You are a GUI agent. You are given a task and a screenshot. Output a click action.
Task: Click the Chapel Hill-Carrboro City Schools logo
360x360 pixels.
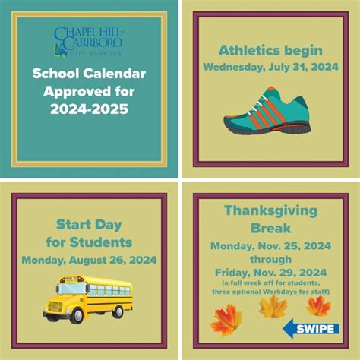88,42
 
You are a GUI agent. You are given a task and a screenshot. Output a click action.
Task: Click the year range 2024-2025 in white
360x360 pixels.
90,109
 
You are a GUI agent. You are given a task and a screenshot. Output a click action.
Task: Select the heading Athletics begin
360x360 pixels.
270,50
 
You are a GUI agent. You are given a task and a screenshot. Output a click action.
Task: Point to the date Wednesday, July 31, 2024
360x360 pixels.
271,67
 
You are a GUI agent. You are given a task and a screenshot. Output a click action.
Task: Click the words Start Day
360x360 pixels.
89,225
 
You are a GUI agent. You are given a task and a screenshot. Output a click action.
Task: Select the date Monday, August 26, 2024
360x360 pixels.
89,260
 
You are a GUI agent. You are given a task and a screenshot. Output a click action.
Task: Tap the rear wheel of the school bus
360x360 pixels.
118,311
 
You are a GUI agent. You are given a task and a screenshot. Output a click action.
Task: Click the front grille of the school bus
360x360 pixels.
55,307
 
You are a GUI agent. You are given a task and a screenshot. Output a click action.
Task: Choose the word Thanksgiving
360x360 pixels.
270,211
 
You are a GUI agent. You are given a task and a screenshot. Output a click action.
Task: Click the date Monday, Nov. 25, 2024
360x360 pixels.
271,246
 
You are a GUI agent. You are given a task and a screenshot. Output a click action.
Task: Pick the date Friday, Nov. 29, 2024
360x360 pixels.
270,273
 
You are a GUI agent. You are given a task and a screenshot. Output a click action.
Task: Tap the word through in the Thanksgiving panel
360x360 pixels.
270,260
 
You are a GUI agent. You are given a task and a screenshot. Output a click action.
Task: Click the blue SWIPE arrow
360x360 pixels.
311,329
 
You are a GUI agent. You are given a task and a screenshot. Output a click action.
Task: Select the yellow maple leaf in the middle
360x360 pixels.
273,307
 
